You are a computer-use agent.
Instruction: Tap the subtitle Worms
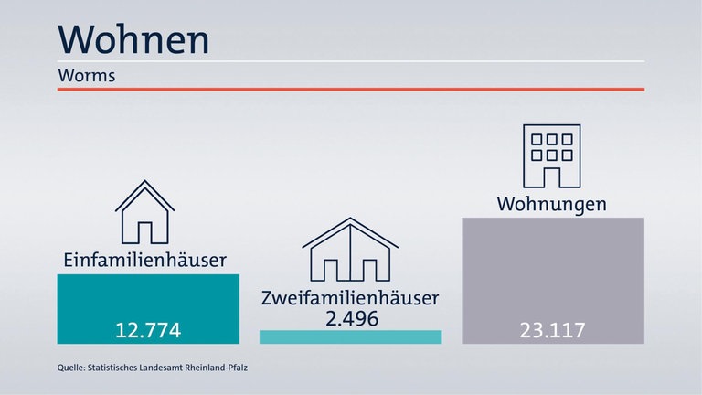86,75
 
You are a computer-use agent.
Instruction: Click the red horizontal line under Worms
351,89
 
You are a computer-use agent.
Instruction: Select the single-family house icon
144,212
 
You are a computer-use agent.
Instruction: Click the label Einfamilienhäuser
144,261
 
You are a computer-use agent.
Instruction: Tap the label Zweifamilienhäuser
350,298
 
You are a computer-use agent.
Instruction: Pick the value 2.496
350,318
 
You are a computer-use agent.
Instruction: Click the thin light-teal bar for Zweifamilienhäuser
350,336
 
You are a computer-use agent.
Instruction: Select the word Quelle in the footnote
69,369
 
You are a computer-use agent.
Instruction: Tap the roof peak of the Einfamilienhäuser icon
144,181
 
